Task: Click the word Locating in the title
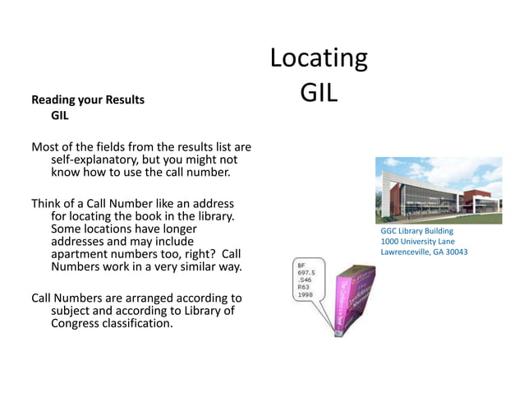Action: [x=319, y=58]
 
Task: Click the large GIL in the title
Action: [x=319, y=92]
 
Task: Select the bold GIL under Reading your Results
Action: [x=60, y=116]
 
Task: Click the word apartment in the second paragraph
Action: [x=83, y=255]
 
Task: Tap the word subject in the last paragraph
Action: [x=75, y=311]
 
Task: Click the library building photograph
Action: [x=438, y=190]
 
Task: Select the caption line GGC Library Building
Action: [x=416, y=232]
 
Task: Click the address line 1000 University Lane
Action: [x=417, y=242]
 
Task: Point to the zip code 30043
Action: [x=452, y=252]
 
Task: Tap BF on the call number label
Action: [x=302, y=266]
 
